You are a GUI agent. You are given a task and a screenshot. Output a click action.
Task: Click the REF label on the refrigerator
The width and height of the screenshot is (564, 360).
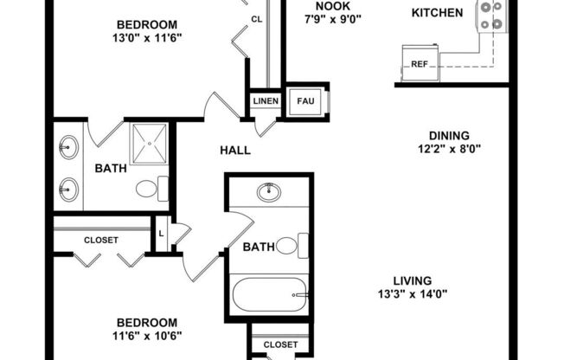click(x=420, y=64)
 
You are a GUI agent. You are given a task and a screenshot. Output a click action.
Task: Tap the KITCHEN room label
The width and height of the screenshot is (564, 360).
click(x=437, y=13)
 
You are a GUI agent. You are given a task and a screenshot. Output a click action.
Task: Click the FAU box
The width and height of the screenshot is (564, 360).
click(x=305, y=101)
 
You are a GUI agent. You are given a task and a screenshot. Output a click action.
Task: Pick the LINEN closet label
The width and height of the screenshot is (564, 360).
click(x=266, y=101)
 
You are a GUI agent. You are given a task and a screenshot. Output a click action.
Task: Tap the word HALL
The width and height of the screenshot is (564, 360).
click(x=235, y=151)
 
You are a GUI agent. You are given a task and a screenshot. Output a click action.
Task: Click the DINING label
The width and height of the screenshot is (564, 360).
click(x=449, y=135)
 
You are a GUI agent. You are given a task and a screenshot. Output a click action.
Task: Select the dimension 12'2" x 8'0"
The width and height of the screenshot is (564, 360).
click(x=449, y=148)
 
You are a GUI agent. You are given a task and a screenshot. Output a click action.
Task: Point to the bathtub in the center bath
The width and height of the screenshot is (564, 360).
click(x=268, y=296)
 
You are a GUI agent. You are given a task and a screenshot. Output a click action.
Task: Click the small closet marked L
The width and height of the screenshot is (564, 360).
click(x=162, y=233)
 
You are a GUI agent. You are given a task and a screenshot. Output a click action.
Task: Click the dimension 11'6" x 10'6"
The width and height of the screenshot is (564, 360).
click(x=148, y=335)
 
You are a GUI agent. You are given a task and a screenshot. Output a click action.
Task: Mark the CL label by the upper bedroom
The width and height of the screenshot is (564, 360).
click(x=257, y=18)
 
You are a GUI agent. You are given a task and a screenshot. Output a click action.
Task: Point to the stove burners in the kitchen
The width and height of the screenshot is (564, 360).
click(x=492, y=15)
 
